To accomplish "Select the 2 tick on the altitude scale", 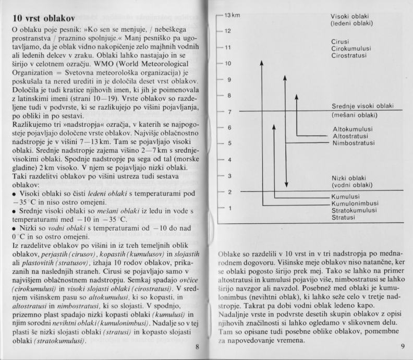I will [228, 193].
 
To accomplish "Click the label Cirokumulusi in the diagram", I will [351, 49].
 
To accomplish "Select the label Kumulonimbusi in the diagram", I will [355, 203].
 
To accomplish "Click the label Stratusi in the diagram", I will [344, 217].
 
